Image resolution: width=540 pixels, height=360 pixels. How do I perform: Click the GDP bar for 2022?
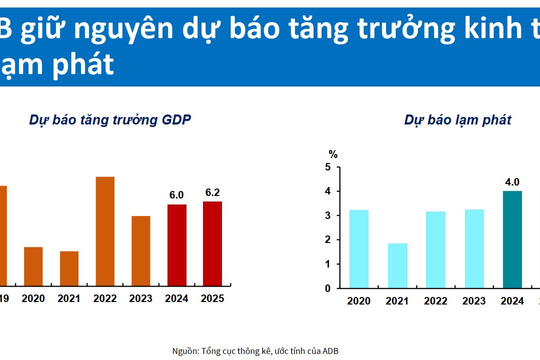pyautogui.click(x=105, y=230)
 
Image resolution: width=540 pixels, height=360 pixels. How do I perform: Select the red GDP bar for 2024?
pyautogui.click(x=177, y=244)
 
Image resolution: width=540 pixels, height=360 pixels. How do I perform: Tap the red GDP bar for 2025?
pyautogui.click(x=212, y=243)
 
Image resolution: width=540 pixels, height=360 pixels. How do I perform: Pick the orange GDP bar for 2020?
pyautogui.click(x=33, y=265)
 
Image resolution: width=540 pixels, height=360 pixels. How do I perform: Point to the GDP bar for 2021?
pyautogui.click(x=69, y=267)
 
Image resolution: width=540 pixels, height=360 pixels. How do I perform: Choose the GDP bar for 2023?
pyautogui.click(x=141, y=250)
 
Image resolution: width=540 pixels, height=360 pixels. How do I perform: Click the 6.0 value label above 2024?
pyautogui.click(x=177, y=195)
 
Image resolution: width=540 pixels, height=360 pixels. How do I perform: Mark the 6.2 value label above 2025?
pyautogui.click(x=212, y=192)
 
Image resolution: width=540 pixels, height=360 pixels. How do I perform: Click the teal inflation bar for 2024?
pyautogui.click(x=512, y=239)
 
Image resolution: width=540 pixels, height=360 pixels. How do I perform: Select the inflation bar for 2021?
pyautogui.click(x=397, y=265)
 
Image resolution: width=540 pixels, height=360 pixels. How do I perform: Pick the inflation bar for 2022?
pyautogui.click(x=435, y=249)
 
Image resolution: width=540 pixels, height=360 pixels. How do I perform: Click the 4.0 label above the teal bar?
pyautogui.click(x=512, y=181)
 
